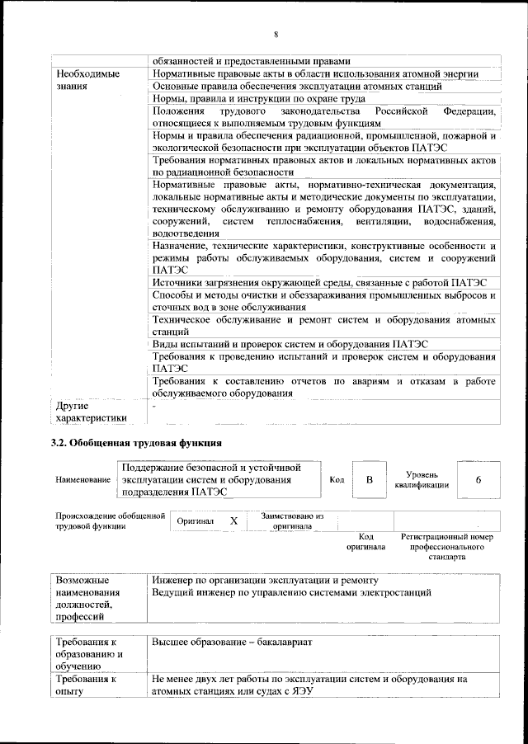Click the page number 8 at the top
tap(276, 33)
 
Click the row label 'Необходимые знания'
tap(86, 79)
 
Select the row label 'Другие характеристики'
tap(92, 412)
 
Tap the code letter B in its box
tap(370, 480)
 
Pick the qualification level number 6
tap(478, 480)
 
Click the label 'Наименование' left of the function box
tap(82, 480)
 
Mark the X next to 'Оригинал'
tap(233, 521)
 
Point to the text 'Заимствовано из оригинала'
tap(292, 520)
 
